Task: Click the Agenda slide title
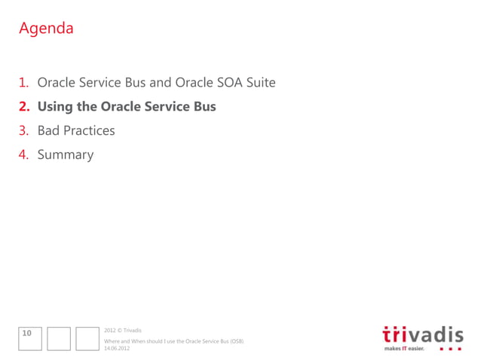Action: coord(46,29)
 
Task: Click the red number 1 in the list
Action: coord(23,83)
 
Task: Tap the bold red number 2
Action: coord(24,107)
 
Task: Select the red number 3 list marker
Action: coord(24,131)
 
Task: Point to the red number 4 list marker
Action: coord(24,155)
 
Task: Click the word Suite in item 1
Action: coord(258,83)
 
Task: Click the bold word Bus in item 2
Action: coord(204,107)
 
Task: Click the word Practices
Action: coord(90,131)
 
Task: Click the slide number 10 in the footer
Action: coord(26,332)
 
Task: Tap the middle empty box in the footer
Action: coord(58,338)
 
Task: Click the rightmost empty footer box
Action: coord(87,338)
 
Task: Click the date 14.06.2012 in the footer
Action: coord(116,348)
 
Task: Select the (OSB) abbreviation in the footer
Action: coord(236,341)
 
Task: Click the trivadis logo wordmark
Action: coord(422,334)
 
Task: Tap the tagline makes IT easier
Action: coord(405,349)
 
